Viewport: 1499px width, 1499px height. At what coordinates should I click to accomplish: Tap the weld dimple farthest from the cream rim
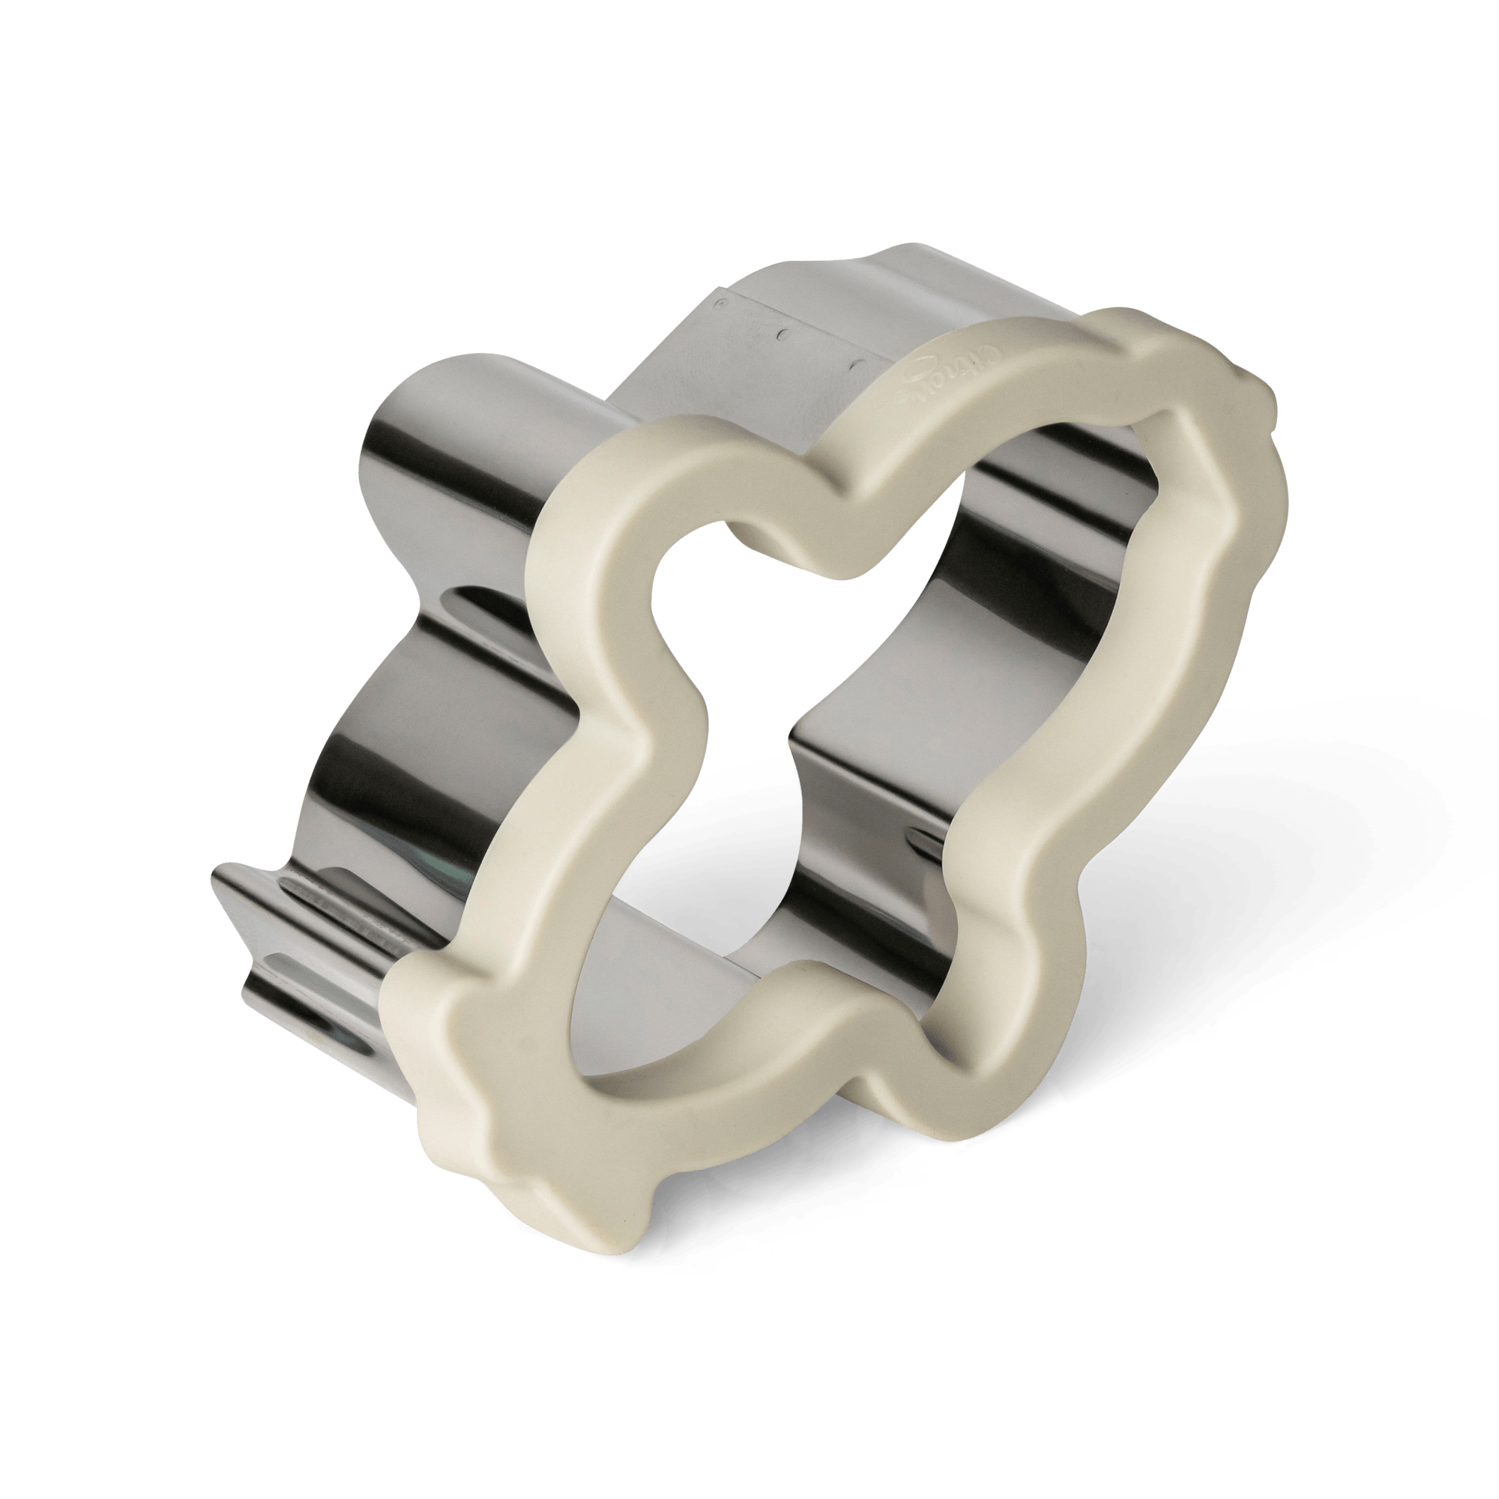coord(719,299)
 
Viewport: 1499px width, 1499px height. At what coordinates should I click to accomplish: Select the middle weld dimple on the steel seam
coord(785,335)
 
